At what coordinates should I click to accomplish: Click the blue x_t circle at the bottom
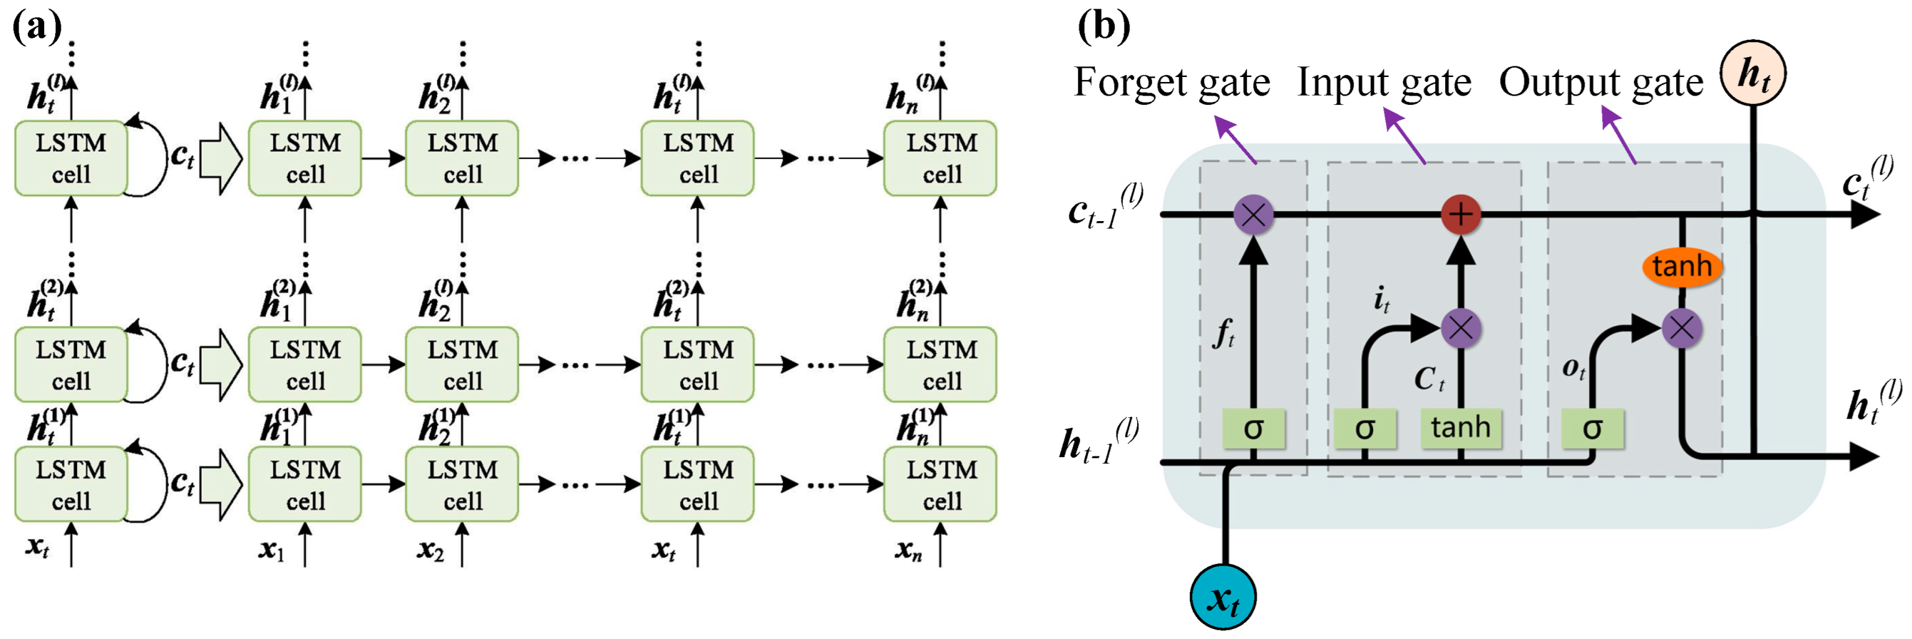click(1223, 597)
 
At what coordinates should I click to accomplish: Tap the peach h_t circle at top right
click(1752, 73)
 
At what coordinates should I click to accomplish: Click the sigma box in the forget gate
click(1253, 428)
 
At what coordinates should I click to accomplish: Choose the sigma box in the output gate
click(1592, 428)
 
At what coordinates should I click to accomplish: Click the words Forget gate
click(1171, 83)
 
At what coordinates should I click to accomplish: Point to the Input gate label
click(1384, 83)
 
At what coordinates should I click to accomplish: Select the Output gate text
click(1600, 83)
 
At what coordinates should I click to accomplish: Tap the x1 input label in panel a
click(271, 549)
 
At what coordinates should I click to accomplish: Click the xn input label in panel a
click(908, 549)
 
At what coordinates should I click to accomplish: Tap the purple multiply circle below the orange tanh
click(1681, 328)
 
